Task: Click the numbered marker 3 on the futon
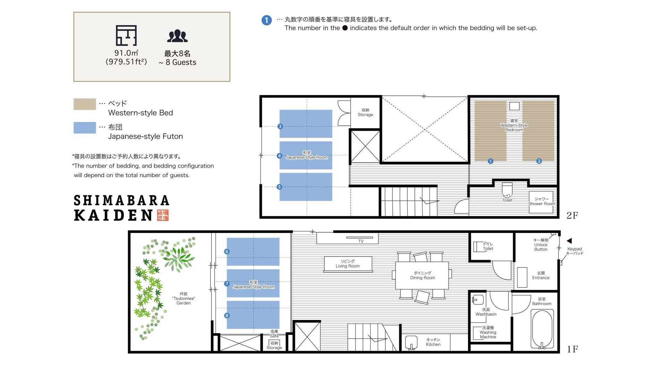pyautogui.click(x=280, y=127)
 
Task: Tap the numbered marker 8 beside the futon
pyautogui.click(x=227, y=316)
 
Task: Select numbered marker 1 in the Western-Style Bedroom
pyautogui.click(x=491, y=161)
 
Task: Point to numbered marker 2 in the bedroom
pyautogui.click(x=539, y=161)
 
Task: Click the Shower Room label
pyautogui.click(x=542, y=201)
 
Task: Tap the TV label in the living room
pyautogui.click(x=361, y=241)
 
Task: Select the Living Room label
pyautogui.click(x=348, y=264)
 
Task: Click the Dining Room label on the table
pyautogui.click(x=423, y=275)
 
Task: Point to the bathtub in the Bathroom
pyautogui.click(x=542, y=329)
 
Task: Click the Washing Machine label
pyautogui.click(x=488, y=332)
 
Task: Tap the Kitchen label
pyautogui.click(x=433, y=342)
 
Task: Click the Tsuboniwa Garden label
pyautogui.click(x=184, y=298)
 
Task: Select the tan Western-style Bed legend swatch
pyautogui.click(x=85, y=104)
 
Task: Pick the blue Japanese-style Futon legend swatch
pyautogui.click(x=85, y=128)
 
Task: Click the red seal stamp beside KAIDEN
pyautogui.click(x=163, y=215)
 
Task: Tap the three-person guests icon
pyautogui.click(x=177, y=36)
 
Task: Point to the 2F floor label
pyautogui.click(x=572, y=215)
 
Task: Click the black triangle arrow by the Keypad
pyautogui.click(x=569, y=241)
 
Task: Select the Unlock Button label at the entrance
pyautogui.click(x=541, y=244)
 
